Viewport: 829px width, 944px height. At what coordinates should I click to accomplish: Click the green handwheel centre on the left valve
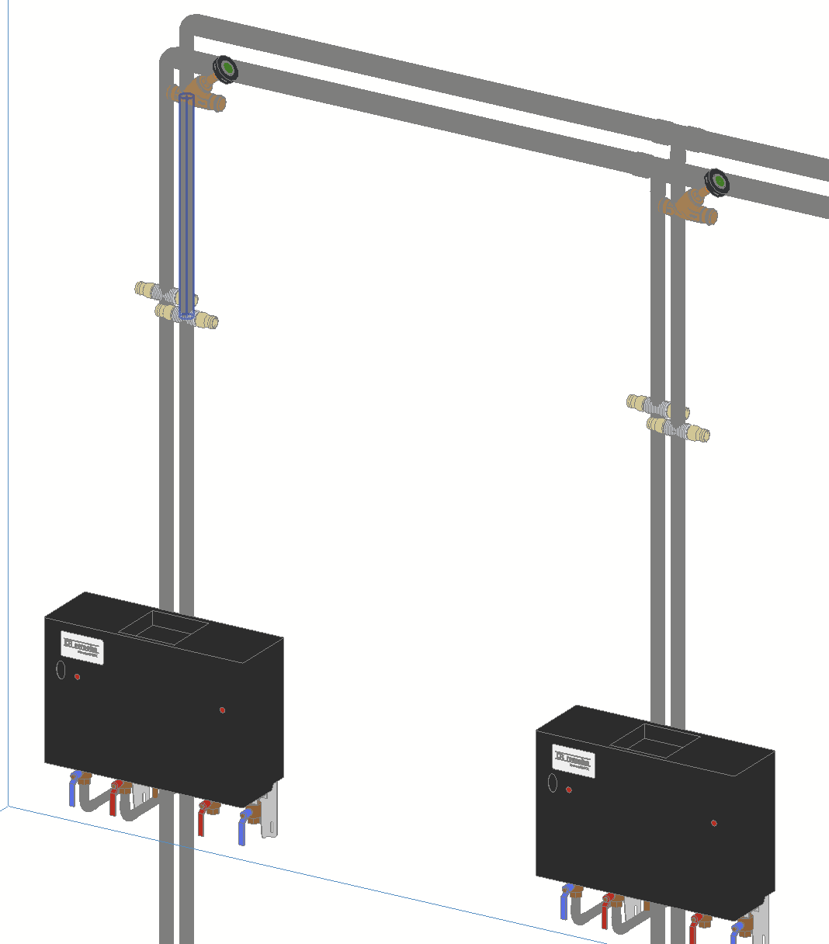(227, 71)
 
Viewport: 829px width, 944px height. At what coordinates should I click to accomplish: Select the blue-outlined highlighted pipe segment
(186, 202)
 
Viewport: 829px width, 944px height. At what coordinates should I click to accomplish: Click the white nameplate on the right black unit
(573, 758)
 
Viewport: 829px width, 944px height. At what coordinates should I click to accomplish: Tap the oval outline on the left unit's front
(61, 669)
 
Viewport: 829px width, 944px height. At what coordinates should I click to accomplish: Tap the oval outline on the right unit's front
(552, 782)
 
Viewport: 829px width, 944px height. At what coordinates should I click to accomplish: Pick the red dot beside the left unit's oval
(77, 677)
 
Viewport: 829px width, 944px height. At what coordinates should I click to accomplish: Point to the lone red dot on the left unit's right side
(222, 710)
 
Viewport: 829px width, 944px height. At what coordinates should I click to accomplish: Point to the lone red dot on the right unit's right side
(713, 823)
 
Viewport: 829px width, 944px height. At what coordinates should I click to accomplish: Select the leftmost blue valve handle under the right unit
(565, 904)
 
